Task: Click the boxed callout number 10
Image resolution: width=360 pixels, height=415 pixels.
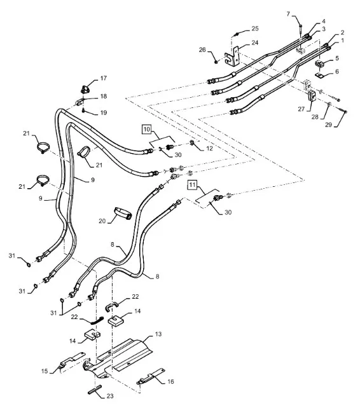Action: [146, 130]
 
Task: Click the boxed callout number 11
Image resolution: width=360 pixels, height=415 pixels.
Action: [192, 185]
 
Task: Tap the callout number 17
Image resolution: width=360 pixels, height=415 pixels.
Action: [103, 78]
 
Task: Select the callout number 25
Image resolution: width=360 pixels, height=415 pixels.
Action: [255, 29]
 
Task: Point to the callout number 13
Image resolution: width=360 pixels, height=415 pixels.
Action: [158, 334]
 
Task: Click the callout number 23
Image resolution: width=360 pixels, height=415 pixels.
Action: [110, 396]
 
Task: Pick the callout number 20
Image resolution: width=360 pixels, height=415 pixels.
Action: [102, 221]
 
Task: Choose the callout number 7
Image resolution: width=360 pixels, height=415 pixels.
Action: [289, 14]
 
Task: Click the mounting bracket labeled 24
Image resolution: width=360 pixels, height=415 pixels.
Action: [232, 57]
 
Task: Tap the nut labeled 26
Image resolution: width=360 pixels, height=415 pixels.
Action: [216, 62]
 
